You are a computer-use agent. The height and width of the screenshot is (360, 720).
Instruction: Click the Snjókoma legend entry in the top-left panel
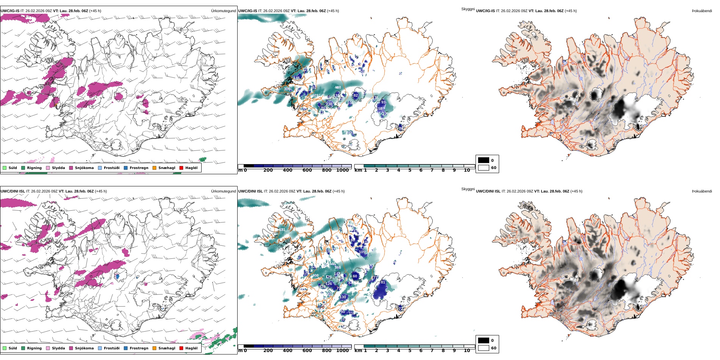pyautogui.click(x=84, y=168)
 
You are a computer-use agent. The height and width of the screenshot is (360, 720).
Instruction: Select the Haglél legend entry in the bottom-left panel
pyautogui.click(x=191, y=348)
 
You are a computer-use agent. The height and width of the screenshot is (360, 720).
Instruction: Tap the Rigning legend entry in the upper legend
pyautogui.click(x=34, y=168)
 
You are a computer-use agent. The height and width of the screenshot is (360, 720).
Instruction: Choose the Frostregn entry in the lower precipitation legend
pyautogui.click(x=139, y=348)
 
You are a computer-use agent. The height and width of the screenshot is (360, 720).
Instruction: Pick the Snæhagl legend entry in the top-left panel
pyautogui.click(x=167, y=168)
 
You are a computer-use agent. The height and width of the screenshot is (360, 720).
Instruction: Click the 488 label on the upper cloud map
pyautogui.click(x=338, y=88)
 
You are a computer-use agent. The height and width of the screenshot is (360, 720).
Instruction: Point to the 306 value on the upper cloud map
pyautogui.click(x=287, y=89)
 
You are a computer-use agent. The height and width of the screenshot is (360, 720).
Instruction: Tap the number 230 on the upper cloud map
pyautogui.click(x=329, y=104)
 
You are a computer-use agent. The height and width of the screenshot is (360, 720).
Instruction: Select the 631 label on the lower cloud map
pyautogui.click(x=282, y=230)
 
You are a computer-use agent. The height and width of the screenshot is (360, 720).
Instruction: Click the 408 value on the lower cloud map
pyautogui.click(x=315, y=275)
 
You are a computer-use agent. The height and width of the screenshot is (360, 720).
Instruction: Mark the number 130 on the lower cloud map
pyautogui.click(x=343, y=297)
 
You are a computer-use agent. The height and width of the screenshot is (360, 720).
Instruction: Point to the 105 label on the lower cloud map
pyautogui.click(x=362, y=252)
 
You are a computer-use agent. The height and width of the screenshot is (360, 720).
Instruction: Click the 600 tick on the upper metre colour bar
pyautogui.click(x=307, y=171)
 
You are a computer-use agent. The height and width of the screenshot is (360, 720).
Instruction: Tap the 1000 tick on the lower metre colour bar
pyautogui.click(x=342, y=351)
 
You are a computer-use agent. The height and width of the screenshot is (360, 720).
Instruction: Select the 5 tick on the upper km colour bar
pyautogui.click(x=410, y=171)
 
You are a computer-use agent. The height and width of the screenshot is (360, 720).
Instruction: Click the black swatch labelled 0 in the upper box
pyautogui.click(x=484, y=160)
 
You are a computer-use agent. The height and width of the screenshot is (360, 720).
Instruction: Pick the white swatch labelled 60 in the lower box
pyautogui.click(x=484, y=348)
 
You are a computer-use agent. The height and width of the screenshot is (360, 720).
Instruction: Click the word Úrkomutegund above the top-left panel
pyautogui.click(x=223, y=11)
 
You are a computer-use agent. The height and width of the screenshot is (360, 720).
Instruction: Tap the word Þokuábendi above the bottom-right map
pyautogui.click(x=702, y=191)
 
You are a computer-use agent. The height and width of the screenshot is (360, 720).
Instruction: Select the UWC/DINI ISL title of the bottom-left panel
pyautogui.click(x=13, y=191)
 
